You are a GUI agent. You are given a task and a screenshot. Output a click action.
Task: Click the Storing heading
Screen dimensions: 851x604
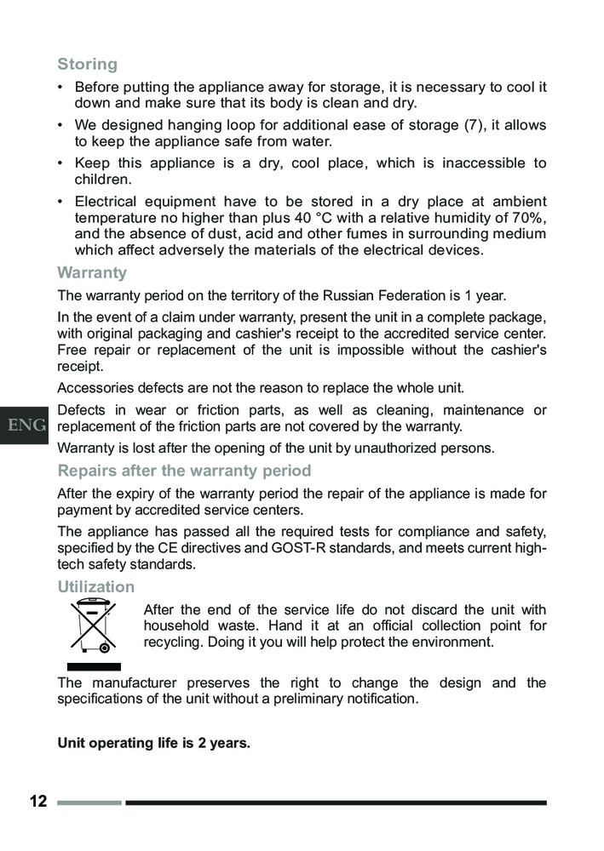point(87,64)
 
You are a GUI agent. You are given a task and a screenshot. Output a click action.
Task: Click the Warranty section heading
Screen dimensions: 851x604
point(92,273)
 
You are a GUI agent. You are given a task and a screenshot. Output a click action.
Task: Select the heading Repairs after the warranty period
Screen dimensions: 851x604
point(184,471)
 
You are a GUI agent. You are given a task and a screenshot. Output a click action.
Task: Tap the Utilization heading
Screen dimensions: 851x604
point(95,586)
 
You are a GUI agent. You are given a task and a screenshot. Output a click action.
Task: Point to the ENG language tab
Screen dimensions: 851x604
point(26,425)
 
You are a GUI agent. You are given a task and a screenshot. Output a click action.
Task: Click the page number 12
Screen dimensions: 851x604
point(37,802)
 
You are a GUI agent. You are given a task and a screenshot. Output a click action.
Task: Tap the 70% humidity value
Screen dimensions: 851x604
point(528,218)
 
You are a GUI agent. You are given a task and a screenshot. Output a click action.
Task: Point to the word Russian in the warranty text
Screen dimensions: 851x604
point(353,296)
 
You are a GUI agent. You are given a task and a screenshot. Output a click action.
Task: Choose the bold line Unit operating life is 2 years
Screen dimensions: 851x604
point(153,743)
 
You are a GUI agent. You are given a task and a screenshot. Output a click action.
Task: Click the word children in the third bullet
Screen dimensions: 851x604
point(103,180)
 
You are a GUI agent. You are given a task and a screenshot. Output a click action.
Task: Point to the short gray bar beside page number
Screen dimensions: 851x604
point(89,802)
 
